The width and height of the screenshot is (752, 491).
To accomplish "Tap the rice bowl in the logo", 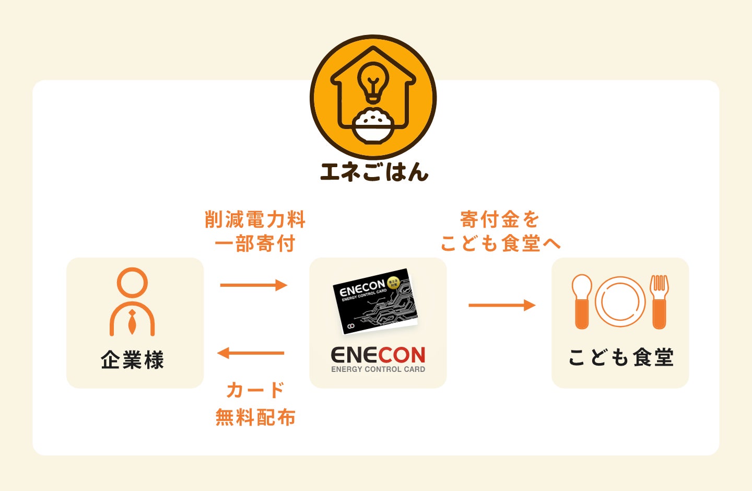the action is click(373, 125).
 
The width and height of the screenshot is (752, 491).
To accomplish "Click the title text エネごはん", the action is click(374, 172).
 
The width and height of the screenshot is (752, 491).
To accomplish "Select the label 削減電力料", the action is click(255, 219).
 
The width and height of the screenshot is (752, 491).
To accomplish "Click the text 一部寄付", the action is click(255, 244).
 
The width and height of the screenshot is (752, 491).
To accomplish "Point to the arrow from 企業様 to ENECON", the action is click(254, 285).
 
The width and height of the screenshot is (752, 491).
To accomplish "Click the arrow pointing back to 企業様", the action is click(251, 353).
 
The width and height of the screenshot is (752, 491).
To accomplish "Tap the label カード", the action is click(255, 390).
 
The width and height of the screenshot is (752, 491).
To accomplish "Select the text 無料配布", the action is click(255, 417).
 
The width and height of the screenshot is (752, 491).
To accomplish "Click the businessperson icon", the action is click(132, 302).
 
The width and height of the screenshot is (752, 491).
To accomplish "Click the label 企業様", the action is click(132, 360).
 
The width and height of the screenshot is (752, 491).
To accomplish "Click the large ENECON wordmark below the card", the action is click(378, 355).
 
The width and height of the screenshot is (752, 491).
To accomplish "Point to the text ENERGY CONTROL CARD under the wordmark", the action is click(378, 369).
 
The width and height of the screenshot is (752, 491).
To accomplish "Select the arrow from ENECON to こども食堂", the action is click(502, 305).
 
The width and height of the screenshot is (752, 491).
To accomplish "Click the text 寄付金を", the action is click(499, 219).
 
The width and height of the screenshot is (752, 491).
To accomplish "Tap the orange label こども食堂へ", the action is click(500, 244).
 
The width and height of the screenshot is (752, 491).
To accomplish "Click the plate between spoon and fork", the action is click(620, 302).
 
